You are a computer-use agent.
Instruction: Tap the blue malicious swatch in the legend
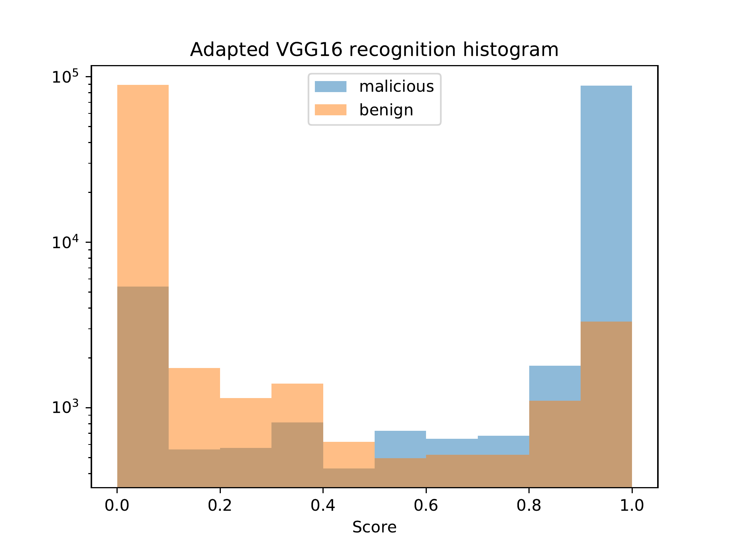pyautogui.click(x=330, y=87)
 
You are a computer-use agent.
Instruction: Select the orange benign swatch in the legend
pyautogui.click(x=330, y=110)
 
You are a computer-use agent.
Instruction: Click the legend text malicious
pyautogui.click(x=396, y=87)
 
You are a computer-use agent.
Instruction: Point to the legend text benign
pyautogui.click(x=386, y=110)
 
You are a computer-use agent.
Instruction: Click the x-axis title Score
pyautogui.click(x=374, y=527)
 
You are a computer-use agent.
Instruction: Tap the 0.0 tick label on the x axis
pyautogui.click(x=117, y=505)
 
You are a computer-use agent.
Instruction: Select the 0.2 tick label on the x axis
pyautogui.click(x=220, y=505)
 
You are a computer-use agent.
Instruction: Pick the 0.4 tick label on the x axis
pyautogui.click(x=323, y=505)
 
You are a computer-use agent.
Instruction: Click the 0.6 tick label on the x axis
pyautogui.click(x=426, y=505)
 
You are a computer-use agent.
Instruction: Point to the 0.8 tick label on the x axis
pyautogui.click(x=529, y=505)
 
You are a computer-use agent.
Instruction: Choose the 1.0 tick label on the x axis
pyautogui.click(x=632, y=505)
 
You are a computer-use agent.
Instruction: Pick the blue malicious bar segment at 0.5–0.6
pyautogui.click(x=400, y=444)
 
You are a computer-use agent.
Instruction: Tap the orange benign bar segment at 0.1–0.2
pyautogui.click(x=194, y=408)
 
